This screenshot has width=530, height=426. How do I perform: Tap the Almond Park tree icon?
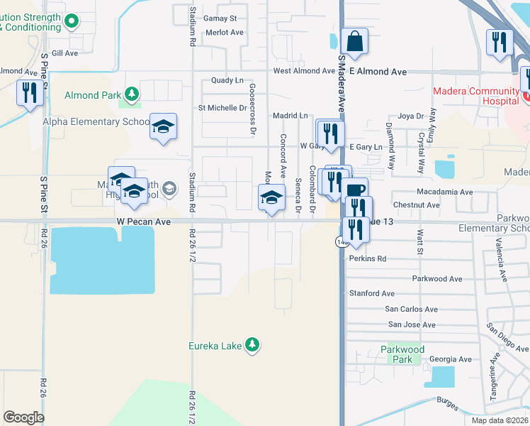[x=131, y=94]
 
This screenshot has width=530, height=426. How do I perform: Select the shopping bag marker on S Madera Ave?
[x=354, y=42]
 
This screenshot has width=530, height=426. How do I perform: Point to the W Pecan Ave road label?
[x=144, y=222]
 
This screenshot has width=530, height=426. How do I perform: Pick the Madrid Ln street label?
[x=291, y=115]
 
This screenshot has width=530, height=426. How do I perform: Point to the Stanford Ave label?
[x=371, y=293]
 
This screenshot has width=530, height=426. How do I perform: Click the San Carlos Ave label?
[x=410, y=310]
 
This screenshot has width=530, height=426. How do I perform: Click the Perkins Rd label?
[x=368, y=259]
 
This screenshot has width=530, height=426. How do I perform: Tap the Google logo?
[x=23, y=417]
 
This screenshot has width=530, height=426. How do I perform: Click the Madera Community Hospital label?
[x=476, y=96]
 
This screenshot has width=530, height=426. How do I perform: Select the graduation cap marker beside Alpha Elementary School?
[x=164, y=127]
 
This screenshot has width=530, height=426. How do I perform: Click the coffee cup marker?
[x=355, y=190]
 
